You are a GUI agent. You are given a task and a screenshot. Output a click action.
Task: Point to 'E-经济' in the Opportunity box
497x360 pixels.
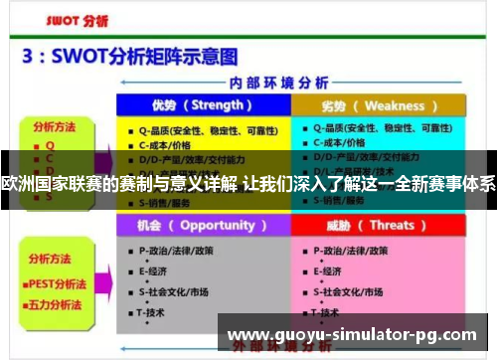(153, 271)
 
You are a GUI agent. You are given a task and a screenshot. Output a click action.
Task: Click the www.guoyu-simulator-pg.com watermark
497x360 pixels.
(353, 334)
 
